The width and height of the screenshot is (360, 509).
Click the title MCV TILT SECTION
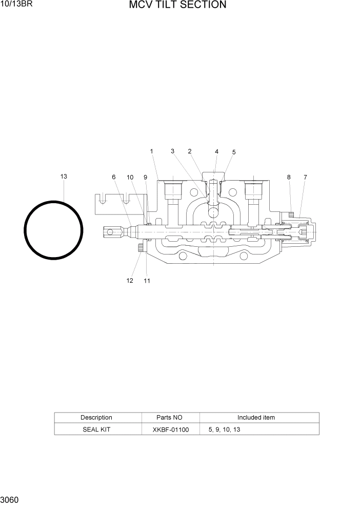point(177,5)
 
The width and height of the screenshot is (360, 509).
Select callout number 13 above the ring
point(64,177)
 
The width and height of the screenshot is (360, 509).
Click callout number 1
point(152,151)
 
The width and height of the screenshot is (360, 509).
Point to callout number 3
point(173,151)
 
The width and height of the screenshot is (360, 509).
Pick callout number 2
point(190,151)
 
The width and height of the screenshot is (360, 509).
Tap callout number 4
point(216,152)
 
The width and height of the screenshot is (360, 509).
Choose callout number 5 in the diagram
point(234,152)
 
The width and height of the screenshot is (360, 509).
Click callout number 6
point(114,177)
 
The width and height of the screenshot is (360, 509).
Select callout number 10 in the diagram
point(130,177)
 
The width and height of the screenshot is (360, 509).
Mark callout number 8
point(289,177)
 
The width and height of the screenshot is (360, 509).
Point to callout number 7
point(305,177)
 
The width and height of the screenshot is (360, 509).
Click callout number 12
point(130,281)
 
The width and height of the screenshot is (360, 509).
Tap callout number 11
point(147,281)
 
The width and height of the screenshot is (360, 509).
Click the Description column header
point(96,418)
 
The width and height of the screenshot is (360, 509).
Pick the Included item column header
point(256,418)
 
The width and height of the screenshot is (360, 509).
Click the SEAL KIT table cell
point(96,429)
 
